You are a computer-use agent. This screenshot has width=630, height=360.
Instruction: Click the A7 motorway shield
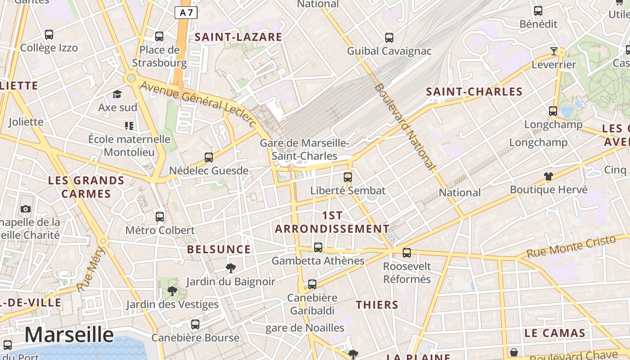tap(186, 13)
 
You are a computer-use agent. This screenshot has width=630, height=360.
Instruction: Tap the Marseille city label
tap(69, 335)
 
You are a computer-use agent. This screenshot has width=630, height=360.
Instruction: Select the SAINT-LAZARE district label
tap(238, 37)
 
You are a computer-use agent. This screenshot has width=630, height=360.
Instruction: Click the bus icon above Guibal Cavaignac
tap(389, 38)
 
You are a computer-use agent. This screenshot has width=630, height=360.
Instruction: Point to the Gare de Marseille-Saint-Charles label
tap(304, 149)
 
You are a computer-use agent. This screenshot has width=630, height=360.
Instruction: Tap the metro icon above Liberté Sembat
tap(347, 177)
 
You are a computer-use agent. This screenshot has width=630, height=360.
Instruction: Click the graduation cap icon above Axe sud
tap(117, 94)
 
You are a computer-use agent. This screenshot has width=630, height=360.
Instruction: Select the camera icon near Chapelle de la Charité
tap(25, 209)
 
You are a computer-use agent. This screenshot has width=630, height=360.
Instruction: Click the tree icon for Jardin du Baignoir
tap(231, 268)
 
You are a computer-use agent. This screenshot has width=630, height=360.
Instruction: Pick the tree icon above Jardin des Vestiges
tap(172, 291)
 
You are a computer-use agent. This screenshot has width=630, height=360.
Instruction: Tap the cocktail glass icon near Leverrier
tap(554, 51)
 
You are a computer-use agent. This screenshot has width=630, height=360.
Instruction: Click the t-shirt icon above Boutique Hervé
tap(548, 176)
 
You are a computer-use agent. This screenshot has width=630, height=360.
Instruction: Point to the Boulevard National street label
tap(405, 126)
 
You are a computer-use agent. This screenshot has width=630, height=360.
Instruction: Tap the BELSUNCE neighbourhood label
tap(219, 249)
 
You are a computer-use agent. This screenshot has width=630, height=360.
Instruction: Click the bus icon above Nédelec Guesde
tap(208, 157)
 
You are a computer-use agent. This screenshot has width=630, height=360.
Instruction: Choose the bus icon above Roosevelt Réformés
tap(407, 253)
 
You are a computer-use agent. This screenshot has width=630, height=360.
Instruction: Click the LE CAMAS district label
tap(554, 333)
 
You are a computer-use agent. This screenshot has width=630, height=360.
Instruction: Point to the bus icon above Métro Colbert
tap(159, 217)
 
